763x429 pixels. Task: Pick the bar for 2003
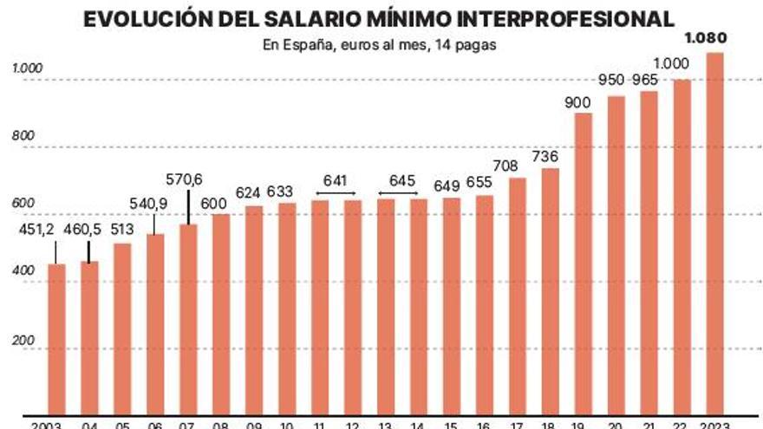click(x=56, y=338)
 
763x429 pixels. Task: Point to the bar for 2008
click(x=221, y=312)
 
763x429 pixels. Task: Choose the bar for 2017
click(x=517, y=295)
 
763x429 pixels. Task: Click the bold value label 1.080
click(x=705, y=37)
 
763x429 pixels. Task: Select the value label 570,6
click(x=184, y=179)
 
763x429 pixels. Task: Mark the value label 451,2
click(x=54, y=230)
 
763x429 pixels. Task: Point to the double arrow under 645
click(x=400, y=193)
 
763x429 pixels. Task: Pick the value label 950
click(x=612, y=80)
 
